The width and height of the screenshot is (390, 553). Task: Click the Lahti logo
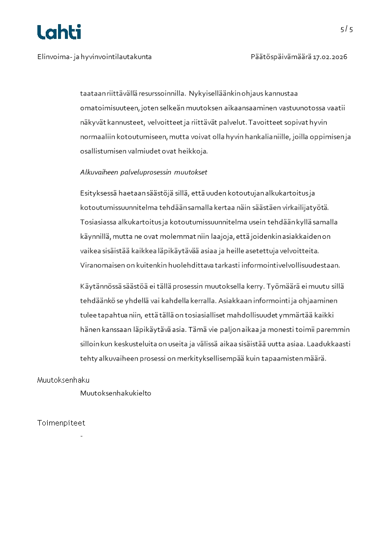[x=59, y=32]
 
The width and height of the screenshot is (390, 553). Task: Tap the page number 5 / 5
[x=347, y=29]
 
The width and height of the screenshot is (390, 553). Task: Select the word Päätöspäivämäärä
[x=281, y=57]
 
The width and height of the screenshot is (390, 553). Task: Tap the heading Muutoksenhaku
[x=63, y=380]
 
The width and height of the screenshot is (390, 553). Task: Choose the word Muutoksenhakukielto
[x=116, y=393]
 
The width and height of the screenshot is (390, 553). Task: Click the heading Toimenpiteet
[x=61, y=423]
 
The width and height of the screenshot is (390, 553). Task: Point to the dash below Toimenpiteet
[x=81, y=436]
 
